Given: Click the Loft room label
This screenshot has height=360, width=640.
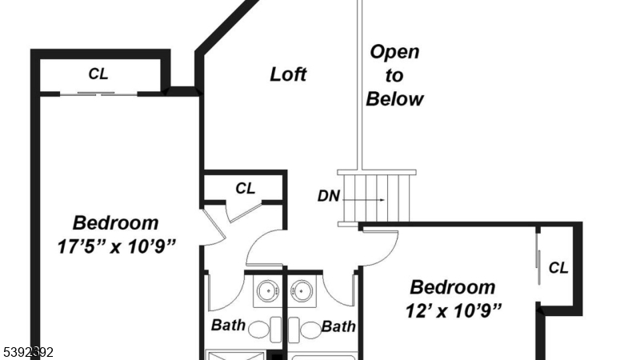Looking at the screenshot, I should tap(288, 74).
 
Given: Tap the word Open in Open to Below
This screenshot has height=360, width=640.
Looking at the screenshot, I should tap(394, 53).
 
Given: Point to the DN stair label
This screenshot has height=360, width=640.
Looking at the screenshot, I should tap(328, 196).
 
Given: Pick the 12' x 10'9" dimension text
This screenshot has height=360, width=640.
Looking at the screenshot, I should tap(453, 310).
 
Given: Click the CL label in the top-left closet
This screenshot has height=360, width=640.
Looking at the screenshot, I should tap(98, 74).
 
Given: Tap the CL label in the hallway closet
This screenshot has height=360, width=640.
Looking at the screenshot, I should tap(245, 189).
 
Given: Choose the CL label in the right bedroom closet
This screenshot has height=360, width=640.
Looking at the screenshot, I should tap(558, 268).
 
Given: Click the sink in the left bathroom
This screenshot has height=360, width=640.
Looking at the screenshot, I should tap(266, 291).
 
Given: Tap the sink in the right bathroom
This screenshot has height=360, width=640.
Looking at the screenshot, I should tap(302, 291).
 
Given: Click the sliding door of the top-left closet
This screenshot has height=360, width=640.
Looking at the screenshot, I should tap(98, 94).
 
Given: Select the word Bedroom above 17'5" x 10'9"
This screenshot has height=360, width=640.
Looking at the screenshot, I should tap(115, 223).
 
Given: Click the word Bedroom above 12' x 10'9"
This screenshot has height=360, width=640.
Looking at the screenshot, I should tap(453, 286).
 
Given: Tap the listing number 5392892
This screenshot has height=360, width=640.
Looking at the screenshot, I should tap(28, 351).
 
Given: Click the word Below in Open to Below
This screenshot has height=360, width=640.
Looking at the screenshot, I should tap(394, 99).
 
